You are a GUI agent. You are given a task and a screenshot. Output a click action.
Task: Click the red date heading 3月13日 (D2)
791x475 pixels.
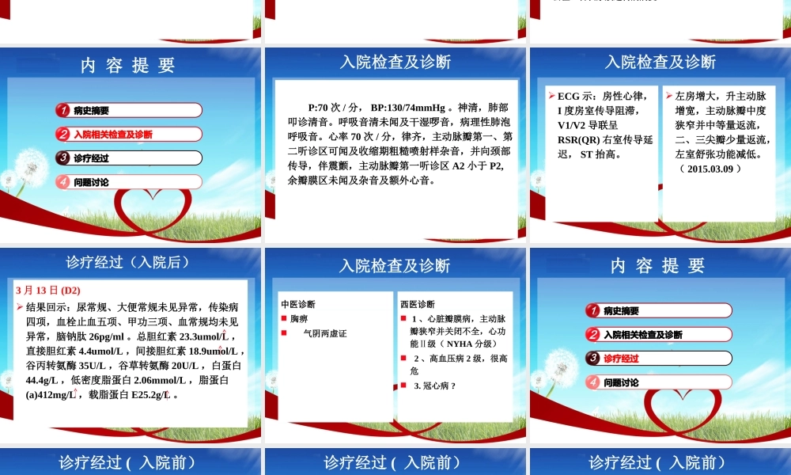point(48,291)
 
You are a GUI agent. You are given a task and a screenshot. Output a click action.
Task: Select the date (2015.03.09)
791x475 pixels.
point(710,169)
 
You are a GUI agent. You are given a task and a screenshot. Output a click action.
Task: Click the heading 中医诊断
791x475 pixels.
point(298,304)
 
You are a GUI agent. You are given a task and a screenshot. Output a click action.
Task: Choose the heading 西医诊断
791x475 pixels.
point(417,304)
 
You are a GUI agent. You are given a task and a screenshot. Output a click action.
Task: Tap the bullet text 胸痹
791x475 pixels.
point(299,318)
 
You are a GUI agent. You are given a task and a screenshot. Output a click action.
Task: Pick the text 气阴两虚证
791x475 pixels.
point(325,333)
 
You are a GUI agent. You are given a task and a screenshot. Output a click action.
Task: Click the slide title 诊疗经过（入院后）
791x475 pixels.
point(127,262)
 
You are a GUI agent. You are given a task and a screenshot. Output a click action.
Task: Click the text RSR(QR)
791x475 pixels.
point(579,139)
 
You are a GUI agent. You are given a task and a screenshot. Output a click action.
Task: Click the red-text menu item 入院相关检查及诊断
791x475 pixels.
point(113,135)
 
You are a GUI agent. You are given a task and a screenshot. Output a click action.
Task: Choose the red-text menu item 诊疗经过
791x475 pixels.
point(621,359)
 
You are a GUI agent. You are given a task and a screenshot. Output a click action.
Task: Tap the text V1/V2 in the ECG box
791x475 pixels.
point(577,125)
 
